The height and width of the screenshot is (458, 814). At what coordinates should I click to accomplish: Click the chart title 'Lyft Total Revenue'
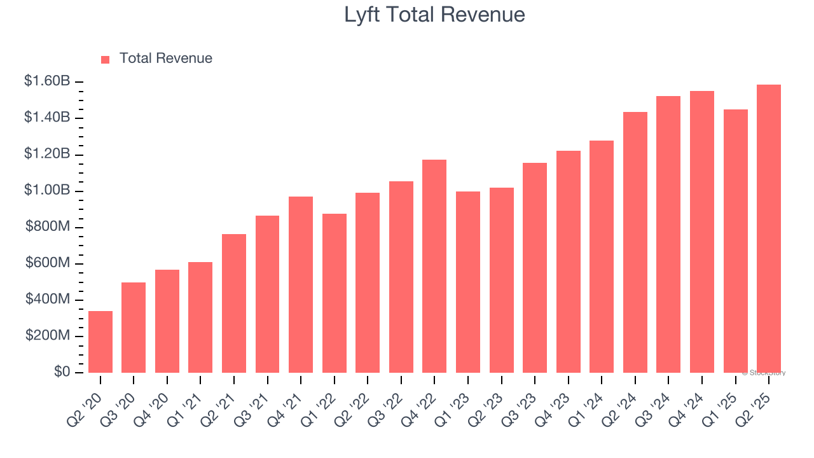tap(434, 15)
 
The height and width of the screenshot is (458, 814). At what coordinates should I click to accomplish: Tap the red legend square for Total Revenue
tap(106, 59)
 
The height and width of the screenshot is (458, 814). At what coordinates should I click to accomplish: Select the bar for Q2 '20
tap(100, 342)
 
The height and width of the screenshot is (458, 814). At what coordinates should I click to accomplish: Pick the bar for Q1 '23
tap(468, 282)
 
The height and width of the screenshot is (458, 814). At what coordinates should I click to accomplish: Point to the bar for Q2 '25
tap(768, 228)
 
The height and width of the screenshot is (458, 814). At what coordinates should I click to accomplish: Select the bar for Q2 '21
tap(234, 303)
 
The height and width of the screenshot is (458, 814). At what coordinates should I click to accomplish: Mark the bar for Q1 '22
tap(335, 293)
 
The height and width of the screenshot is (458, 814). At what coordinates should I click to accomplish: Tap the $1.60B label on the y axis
tap(47, 81)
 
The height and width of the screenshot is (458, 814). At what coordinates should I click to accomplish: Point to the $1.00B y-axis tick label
tap(47, 191)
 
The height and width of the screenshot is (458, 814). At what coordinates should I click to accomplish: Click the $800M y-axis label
tap(48, 227)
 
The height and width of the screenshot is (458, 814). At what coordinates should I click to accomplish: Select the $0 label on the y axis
tap(62, 372)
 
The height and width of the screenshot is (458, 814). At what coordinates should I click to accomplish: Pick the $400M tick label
tap(48, 300)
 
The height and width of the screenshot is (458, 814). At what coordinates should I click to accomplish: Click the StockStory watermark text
tap(764, 373)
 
